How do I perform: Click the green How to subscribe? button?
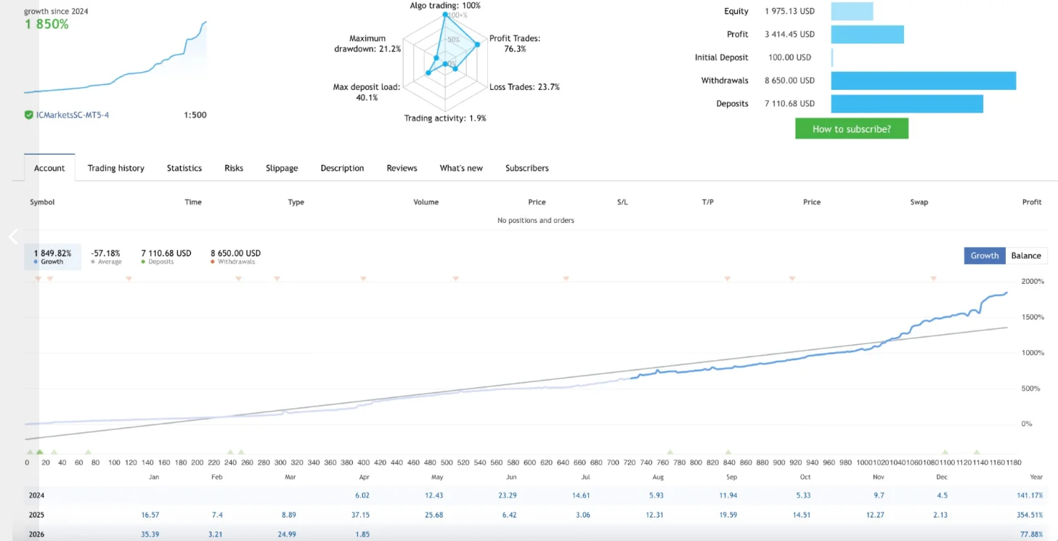(x=852, y=129)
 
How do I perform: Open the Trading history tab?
(x=115, y=168)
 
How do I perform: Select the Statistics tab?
(x=184, y=168)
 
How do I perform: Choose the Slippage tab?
(x=282, y=168)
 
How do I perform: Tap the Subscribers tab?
(x=526, y=168)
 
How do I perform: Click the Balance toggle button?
(x=1026, y=256)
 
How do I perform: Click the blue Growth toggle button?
(x=985, y=256)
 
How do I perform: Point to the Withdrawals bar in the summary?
(x=924, y=81)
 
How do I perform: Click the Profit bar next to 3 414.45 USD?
(x=868, y=34)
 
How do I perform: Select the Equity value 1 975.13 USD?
(x=790, y=11)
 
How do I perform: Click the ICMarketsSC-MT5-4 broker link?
(x=73, y=115)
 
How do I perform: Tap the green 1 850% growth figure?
(x=46, y=24)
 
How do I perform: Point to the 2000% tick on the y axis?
(x=1033, y=281)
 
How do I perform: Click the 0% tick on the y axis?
(x=1026, y=424)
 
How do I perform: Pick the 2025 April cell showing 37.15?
(x=360, y=515)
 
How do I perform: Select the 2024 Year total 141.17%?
(x=1030, y=495)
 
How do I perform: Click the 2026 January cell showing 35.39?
(x=150, y=534)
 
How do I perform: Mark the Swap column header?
(x=919, y=202)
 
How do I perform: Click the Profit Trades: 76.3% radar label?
(x=515, y=44)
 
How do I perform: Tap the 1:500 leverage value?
(x=195, y=115)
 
